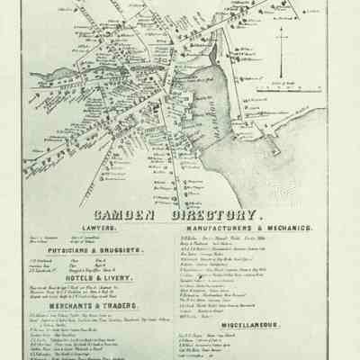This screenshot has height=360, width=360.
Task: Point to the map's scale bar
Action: [282, 89]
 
